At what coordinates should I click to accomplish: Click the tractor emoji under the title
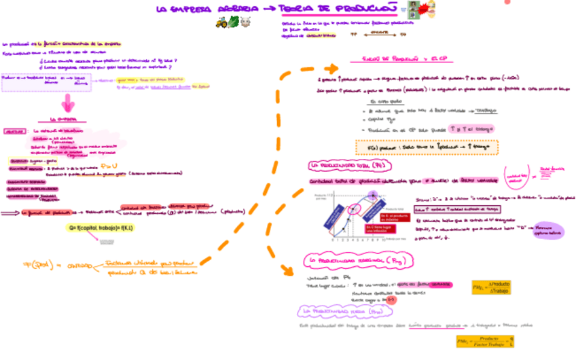pos(221,22)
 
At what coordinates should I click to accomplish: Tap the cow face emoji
pos(246,22)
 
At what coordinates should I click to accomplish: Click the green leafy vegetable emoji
pos(234,22)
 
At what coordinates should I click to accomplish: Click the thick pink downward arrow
pos(67,103)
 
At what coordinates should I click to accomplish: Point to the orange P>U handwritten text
pos(109,165)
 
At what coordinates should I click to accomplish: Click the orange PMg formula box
pos(492,287)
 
